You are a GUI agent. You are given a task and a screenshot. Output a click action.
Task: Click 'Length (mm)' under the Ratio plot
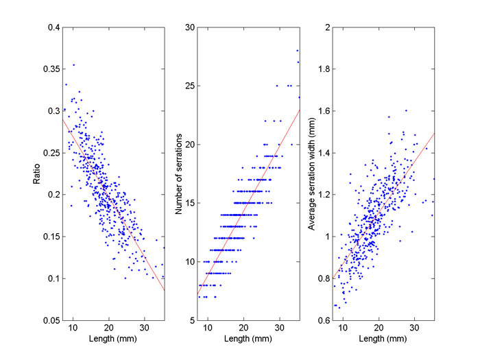point(113,338)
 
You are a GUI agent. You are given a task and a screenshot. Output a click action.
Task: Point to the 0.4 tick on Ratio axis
point(51,27)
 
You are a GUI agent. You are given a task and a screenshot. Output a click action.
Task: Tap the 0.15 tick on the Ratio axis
point(49,237)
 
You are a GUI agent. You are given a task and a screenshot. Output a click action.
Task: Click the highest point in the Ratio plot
point(73,65)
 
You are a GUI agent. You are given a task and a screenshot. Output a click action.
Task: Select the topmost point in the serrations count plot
point(297,50)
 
